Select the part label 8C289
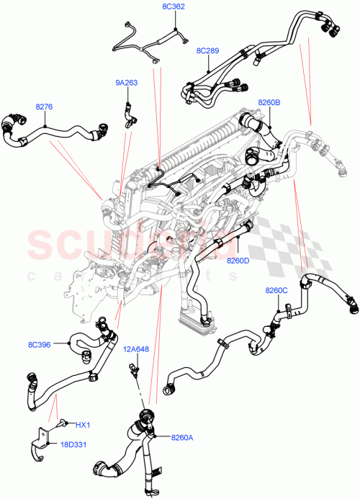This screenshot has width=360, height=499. pyautogui.click(x=208, y=52)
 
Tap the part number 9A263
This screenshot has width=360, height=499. pyautogui.click(x=126, y=82)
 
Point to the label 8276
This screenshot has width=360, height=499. pyautogui.click(x=45, y=107)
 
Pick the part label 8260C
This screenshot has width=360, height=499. pyautogui.click(x=276, y=290)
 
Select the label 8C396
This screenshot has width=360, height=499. pyautogui.click(x=40, y=344)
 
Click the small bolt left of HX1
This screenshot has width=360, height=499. pyautogui.click(x=63, y=424)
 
